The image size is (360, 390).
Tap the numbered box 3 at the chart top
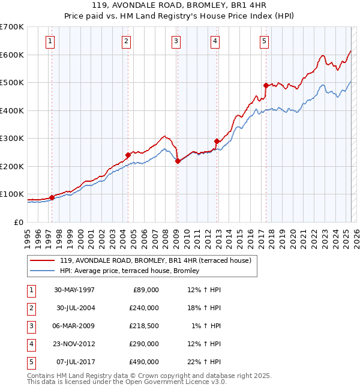click(x=176, y=41)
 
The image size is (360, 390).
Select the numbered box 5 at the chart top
click(x=265, y=41)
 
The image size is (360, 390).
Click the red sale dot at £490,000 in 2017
click(x=266, y=85)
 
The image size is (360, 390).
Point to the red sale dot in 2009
click(x=178, y=161)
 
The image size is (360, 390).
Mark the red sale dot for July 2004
click(x=128, y=155)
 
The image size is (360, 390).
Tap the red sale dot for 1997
click(x=52, y=197)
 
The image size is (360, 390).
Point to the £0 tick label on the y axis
click(x=18, y=222)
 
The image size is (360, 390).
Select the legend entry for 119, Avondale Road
click(x=158, y=260)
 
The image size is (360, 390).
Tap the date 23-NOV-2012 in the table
click(x=74, y=344)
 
